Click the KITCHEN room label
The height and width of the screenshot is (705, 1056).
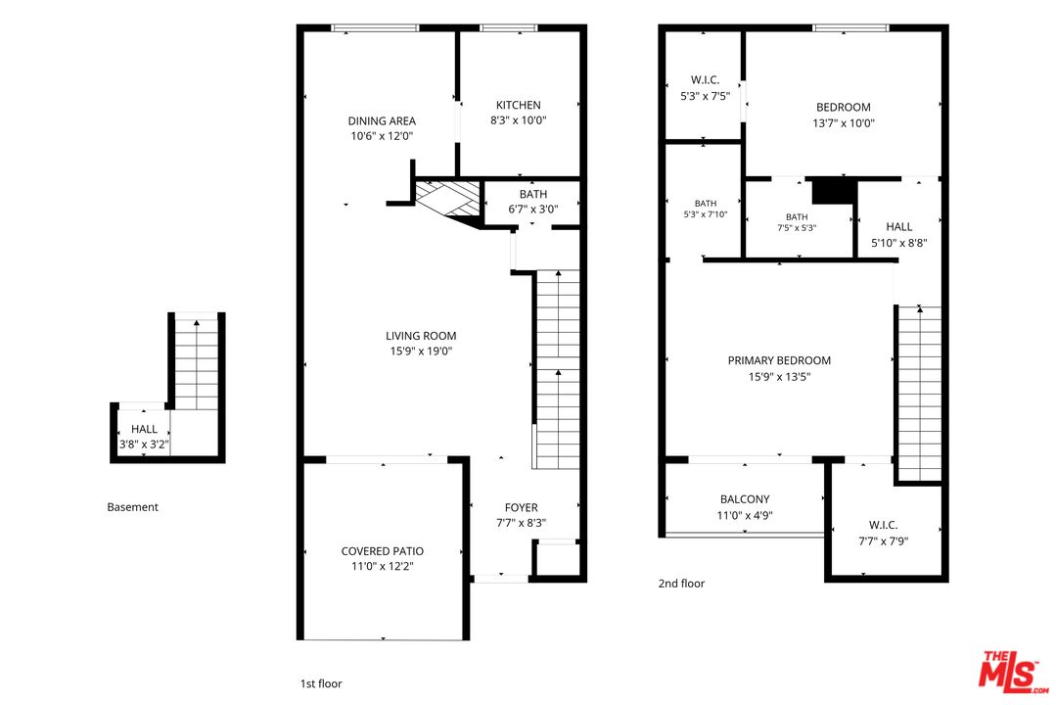coord(518,105)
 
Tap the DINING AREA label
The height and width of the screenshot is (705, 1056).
coord(382,121)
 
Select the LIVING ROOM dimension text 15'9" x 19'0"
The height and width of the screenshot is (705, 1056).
coord(421,352)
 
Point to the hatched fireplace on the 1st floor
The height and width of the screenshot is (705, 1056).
coord(447,199)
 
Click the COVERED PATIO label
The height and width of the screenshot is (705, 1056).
coord(383,551)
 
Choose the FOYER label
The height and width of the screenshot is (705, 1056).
coord(522,507)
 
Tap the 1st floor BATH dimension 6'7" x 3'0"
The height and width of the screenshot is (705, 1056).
coord(532,210)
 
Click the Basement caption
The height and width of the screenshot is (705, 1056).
coord(133,507)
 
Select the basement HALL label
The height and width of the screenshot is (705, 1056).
coord(144,429)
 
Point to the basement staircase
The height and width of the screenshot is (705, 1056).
coord(197,361)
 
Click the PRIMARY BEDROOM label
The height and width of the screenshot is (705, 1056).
coord(779,360)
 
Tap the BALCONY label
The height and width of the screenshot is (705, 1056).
coord(745,499)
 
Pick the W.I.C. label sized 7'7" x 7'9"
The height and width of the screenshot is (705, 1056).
coord(883,525)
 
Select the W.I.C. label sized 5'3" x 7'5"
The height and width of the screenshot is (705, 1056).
coord(705,80)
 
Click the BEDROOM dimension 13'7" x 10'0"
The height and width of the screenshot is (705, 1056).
coord(844,123)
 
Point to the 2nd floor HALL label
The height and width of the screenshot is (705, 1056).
coord(899,227)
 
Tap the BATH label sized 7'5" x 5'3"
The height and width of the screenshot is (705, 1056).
coord(797,217)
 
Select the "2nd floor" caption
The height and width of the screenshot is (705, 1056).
coord(681,584)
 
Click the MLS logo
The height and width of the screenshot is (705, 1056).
coord(1012,672)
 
